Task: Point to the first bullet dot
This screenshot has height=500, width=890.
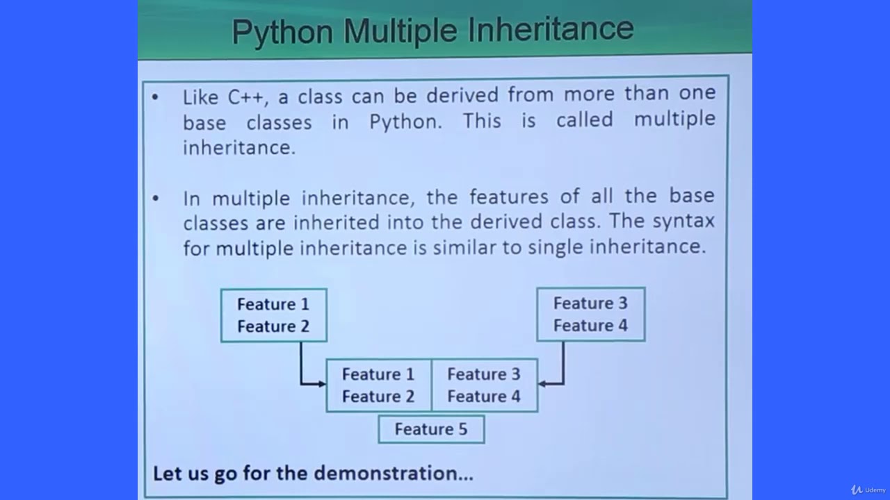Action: click(155, 96)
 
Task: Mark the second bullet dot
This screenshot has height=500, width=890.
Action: click(155, 199)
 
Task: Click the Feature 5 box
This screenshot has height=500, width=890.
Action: click(431, 429)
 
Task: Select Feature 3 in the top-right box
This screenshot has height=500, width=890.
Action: click(590, 303)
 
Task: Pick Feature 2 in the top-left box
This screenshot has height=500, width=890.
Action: click(273, 326)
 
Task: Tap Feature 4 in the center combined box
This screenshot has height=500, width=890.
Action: click(484, 397)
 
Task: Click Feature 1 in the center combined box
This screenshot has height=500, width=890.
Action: click(378, 374)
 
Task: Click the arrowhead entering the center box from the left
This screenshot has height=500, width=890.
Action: click(322, 383)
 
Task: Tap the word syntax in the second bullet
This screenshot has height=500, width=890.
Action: click(683, 222)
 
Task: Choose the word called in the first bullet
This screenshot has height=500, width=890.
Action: click(584, 119)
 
